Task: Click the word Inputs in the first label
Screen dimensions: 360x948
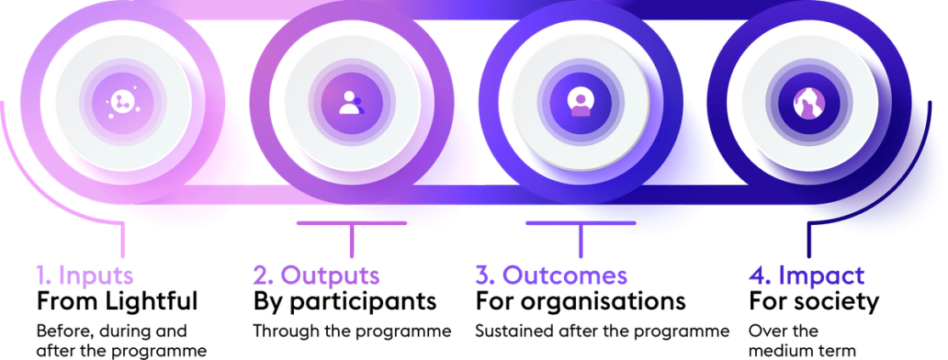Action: [x=95, y=276]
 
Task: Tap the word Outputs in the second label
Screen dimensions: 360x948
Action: [x=328, y=276]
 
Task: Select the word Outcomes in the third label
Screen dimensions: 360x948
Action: [x=564, y=276]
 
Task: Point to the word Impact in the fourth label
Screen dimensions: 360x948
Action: [x=821, y=276]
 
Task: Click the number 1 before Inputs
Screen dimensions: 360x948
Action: [x=39, y=276]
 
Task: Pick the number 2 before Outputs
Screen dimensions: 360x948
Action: [x=261, y=276]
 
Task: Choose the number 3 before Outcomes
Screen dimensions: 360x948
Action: [x=482, y=276]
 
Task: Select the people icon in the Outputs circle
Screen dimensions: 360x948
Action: [x=350, y=103]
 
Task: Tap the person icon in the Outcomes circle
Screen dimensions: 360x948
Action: [x=579, y=103]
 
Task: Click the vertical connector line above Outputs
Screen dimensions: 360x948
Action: [x=350, y=242]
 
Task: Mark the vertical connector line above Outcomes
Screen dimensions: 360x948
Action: [x=580, y=242]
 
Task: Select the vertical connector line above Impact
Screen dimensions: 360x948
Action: [x=808, y=242]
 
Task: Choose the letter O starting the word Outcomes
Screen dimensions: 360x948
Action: [x=511, y=276]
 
